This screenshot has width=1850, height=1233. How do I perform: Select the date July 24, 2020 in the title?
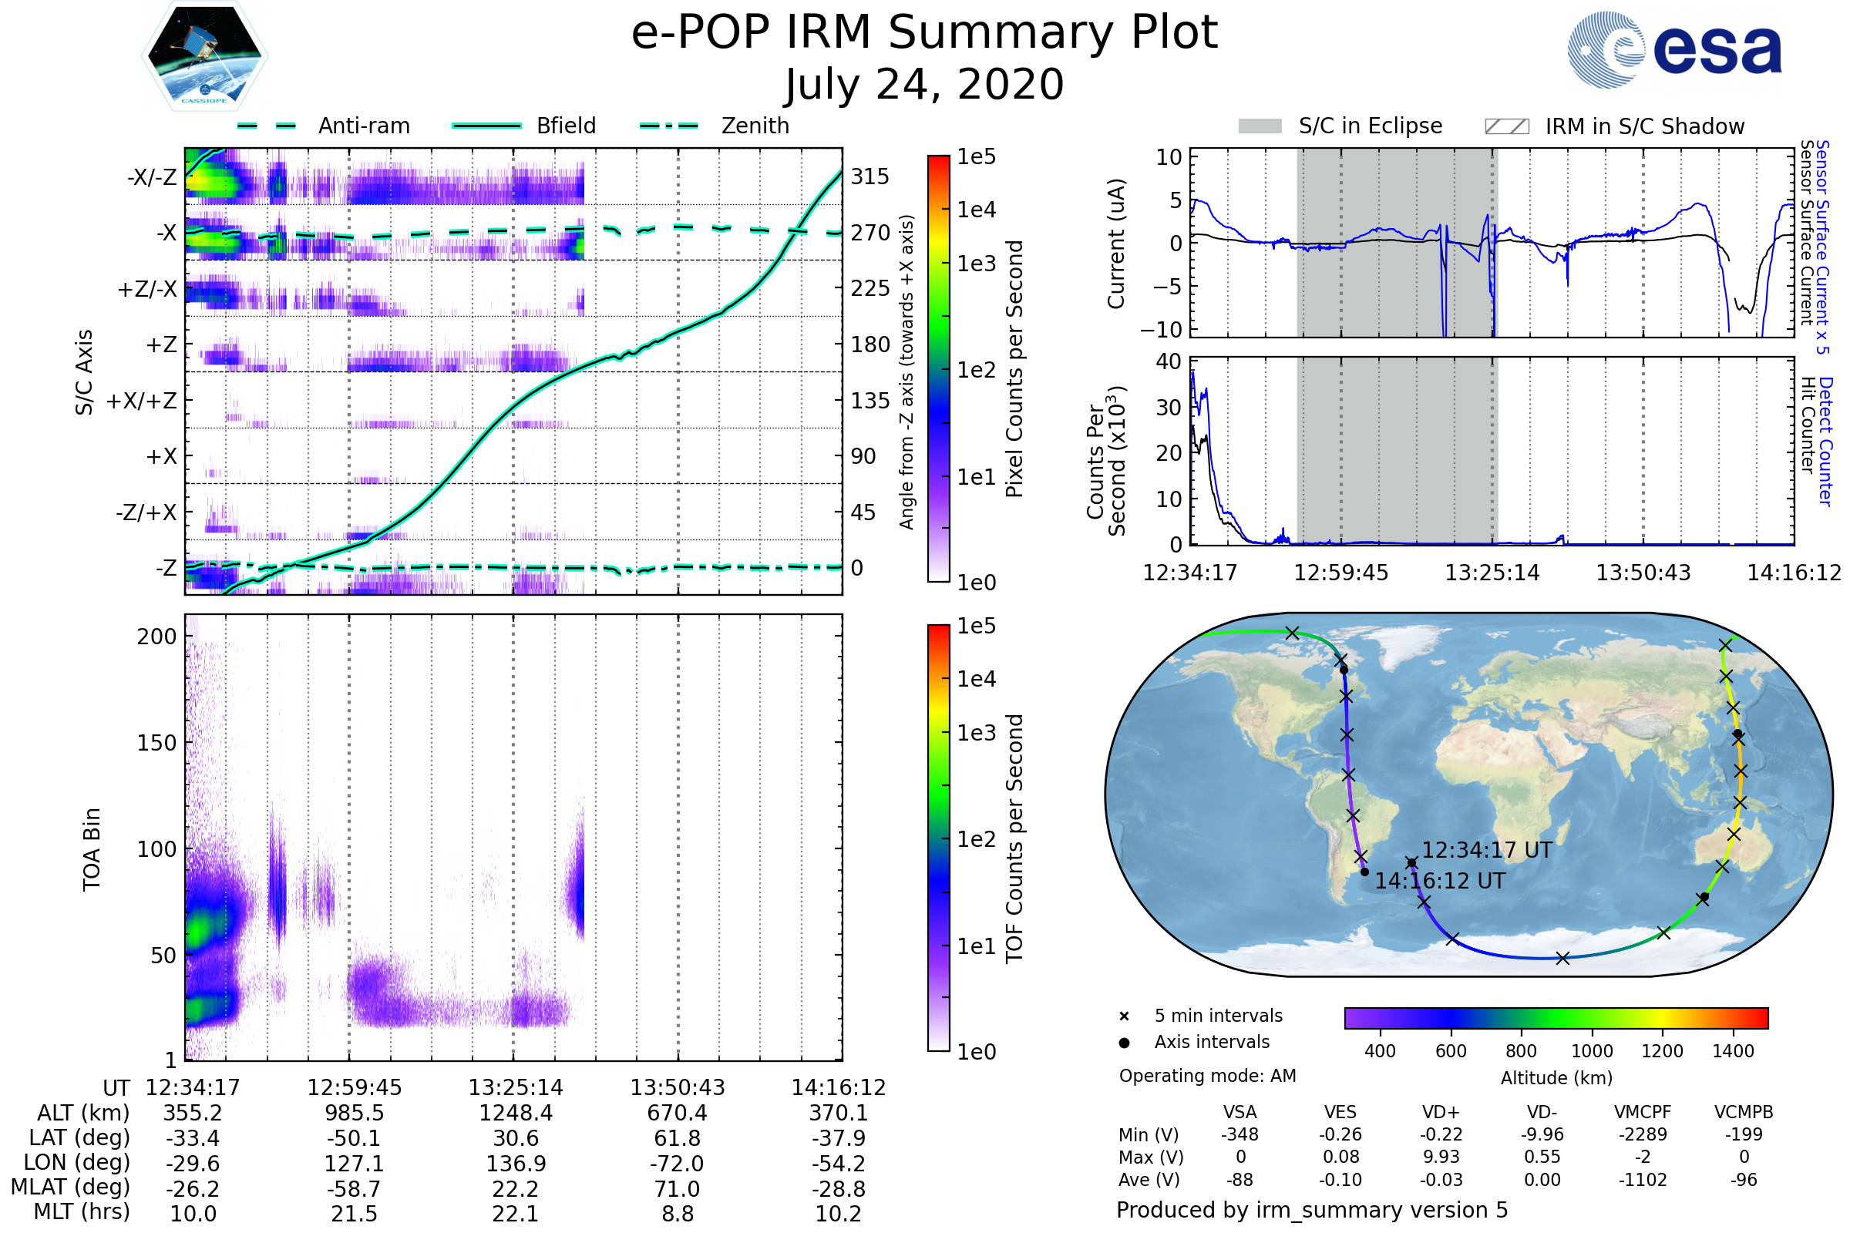tap(924, 85)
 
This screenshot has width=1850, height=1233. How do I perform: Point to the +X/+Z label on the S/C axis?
tap(142, 401)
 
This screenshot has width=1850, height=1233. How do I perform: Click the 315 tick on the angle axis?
tap(869, 176)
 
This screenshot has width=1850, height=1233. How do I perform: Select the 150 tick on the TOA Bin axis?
tap(156, 743)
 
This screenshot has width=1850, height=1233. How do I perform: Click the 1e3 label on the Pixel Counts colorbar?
tap(976, 264)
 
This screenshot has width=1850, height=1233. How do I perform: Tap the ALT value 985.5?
tap(354, 1114)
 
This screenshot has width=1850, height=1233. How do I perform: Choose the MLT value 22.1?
tap(515, 1213)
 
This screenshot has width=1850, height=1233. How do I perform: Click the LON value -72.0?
tap(677, 1163)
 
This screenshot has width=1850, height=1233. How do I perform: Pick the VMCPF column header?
tap(1643, 1112)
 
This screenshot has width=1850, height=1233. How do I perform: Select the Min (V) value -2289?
tap(1643, 1134)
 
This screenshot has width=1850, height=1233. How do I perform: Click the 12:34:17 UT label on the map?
tap(1487, 851)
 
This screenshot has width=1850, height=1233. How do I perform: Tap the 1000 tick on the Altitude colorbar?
tap(1591, 1051)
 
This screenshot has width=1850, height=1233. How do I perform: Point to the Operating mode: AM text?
tap(1207, 1076)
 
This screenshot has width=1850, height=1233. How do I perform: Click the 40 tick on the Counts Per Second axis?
tap(1168, 361)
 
